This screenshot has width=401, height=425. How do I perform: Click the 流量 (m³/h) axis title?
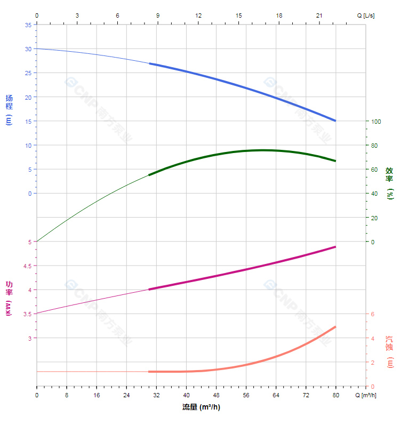(201, 407)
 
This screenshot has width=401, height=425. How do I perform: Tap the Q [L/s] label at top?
(365, 15)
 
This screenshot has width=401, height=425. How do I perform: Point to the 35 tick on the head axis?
(28, 25)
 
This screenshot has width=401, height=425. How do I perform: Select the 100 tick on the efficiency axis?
(376, 121)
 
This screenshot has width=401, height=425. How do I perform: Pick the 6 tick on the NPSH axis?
(373, 314)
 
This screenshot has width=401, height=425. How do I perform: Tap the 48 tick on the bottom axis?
(216, 395)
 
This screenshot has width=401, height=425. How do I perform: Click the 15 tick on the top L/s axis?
(238, 15)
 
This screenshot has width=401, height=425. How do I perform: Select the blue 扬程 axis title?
(9, 109)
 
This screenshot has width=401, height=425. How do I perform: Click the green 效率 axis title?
(390, 183)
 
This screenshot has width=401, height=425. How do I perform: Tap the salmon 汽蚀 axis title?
(390, 352)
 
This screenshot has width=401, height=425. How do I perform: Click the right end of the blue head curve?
(335, 121)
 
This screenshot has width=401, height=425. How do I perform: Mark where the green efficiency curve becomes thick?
(149, 175)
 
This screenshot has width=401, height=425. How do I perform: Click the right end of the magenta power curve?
(335, 247)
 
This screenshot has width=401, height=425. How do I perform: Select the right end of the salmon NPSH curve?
(335, 326)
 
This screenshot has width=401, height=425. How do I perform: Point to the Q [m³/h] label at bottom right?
(366, 395)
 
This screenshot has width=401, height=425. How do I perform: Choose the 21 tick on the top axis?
(319, 15)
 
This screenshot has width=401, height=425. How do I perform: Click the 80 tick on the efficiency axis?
(374, 146)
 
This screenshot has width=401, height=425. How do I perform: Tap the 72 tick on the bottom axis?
(306, 395)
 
